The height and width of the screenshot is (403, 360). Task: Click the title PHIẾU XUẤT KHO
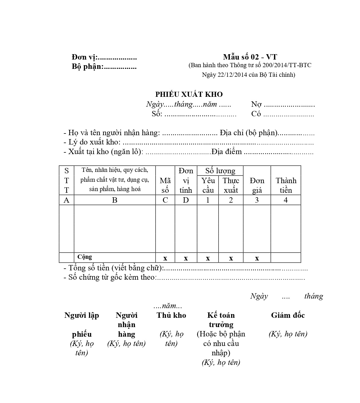[x=189, y=94]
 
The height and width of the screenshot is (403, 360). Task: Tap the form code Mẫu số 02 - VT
[x=250, y=57]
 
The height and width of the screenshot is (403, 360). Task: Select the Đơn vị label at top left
[x=84, y=57]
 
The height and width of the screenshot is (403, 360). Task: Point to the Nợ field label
[x=256, y=104]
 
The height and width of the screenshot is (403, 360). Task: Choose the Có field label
[x=256, y=114]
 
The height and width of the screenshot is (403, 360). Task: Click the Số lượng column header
[x=220, y=171]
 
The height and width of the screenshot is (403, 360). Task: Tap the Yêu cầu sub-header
[x=208, y=185]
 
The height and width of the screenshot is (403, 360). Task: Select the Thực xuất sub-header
[x=231, y=185]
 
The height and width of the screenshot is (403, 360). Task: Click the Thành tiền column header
[x=286, y=185]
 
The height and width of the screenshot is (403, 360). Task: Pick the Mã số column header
[x=165, y=185]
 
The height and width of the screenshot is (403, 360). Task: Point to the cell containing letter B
[x=115, y=200]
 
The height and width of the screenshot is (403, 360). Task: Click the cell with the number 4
[x=286, y=200]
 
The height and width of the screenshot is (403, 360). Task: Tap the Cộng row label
[x=85, y=257]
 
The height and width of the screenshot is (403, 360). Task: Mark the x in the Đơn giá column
[x=257, y=258]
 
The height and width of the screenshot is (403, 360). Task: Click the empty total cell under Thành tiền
[x=286, y=258]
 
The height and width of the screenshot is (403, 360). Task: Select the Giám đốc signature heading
[x=288, y=315]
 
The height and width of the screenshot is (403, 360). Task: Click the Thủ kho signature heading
[x=171, y=315]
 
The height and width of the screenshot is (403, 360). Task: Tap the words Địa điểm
[x=226, y=152]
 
